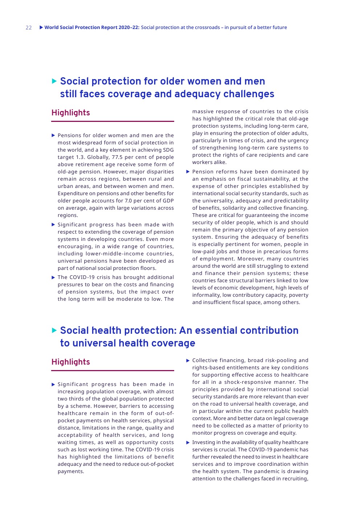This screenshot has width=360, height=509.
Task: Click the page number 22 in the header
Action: (29, 28)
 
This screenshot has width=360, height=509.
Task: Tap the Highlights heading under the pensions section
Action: (70, 113)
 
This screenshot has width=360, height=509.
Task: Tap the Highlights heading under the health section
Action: (70, 362)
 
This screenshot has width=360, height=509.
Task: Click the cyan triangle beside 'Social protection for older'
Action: (54, 81)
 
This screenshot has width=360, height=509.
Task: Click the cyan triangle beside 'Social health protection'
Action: (54, 330)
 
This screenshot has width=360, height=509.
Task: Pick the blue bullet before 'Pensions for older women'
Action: (53, 135)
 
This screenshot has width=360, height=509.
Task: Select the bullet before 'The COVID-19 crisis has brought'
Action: (53, 278)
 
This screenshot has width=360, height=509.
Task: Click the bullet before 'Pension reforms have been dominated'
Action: (188, 172)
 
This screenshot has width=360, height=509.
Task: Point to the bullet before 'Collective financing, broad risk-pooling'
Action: (188, 360)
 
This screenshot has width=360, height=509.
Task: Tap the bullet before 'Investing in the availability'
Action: (188, 442)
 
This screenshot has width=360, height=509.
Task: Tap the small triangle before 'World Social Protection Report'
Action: (41, 27)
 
